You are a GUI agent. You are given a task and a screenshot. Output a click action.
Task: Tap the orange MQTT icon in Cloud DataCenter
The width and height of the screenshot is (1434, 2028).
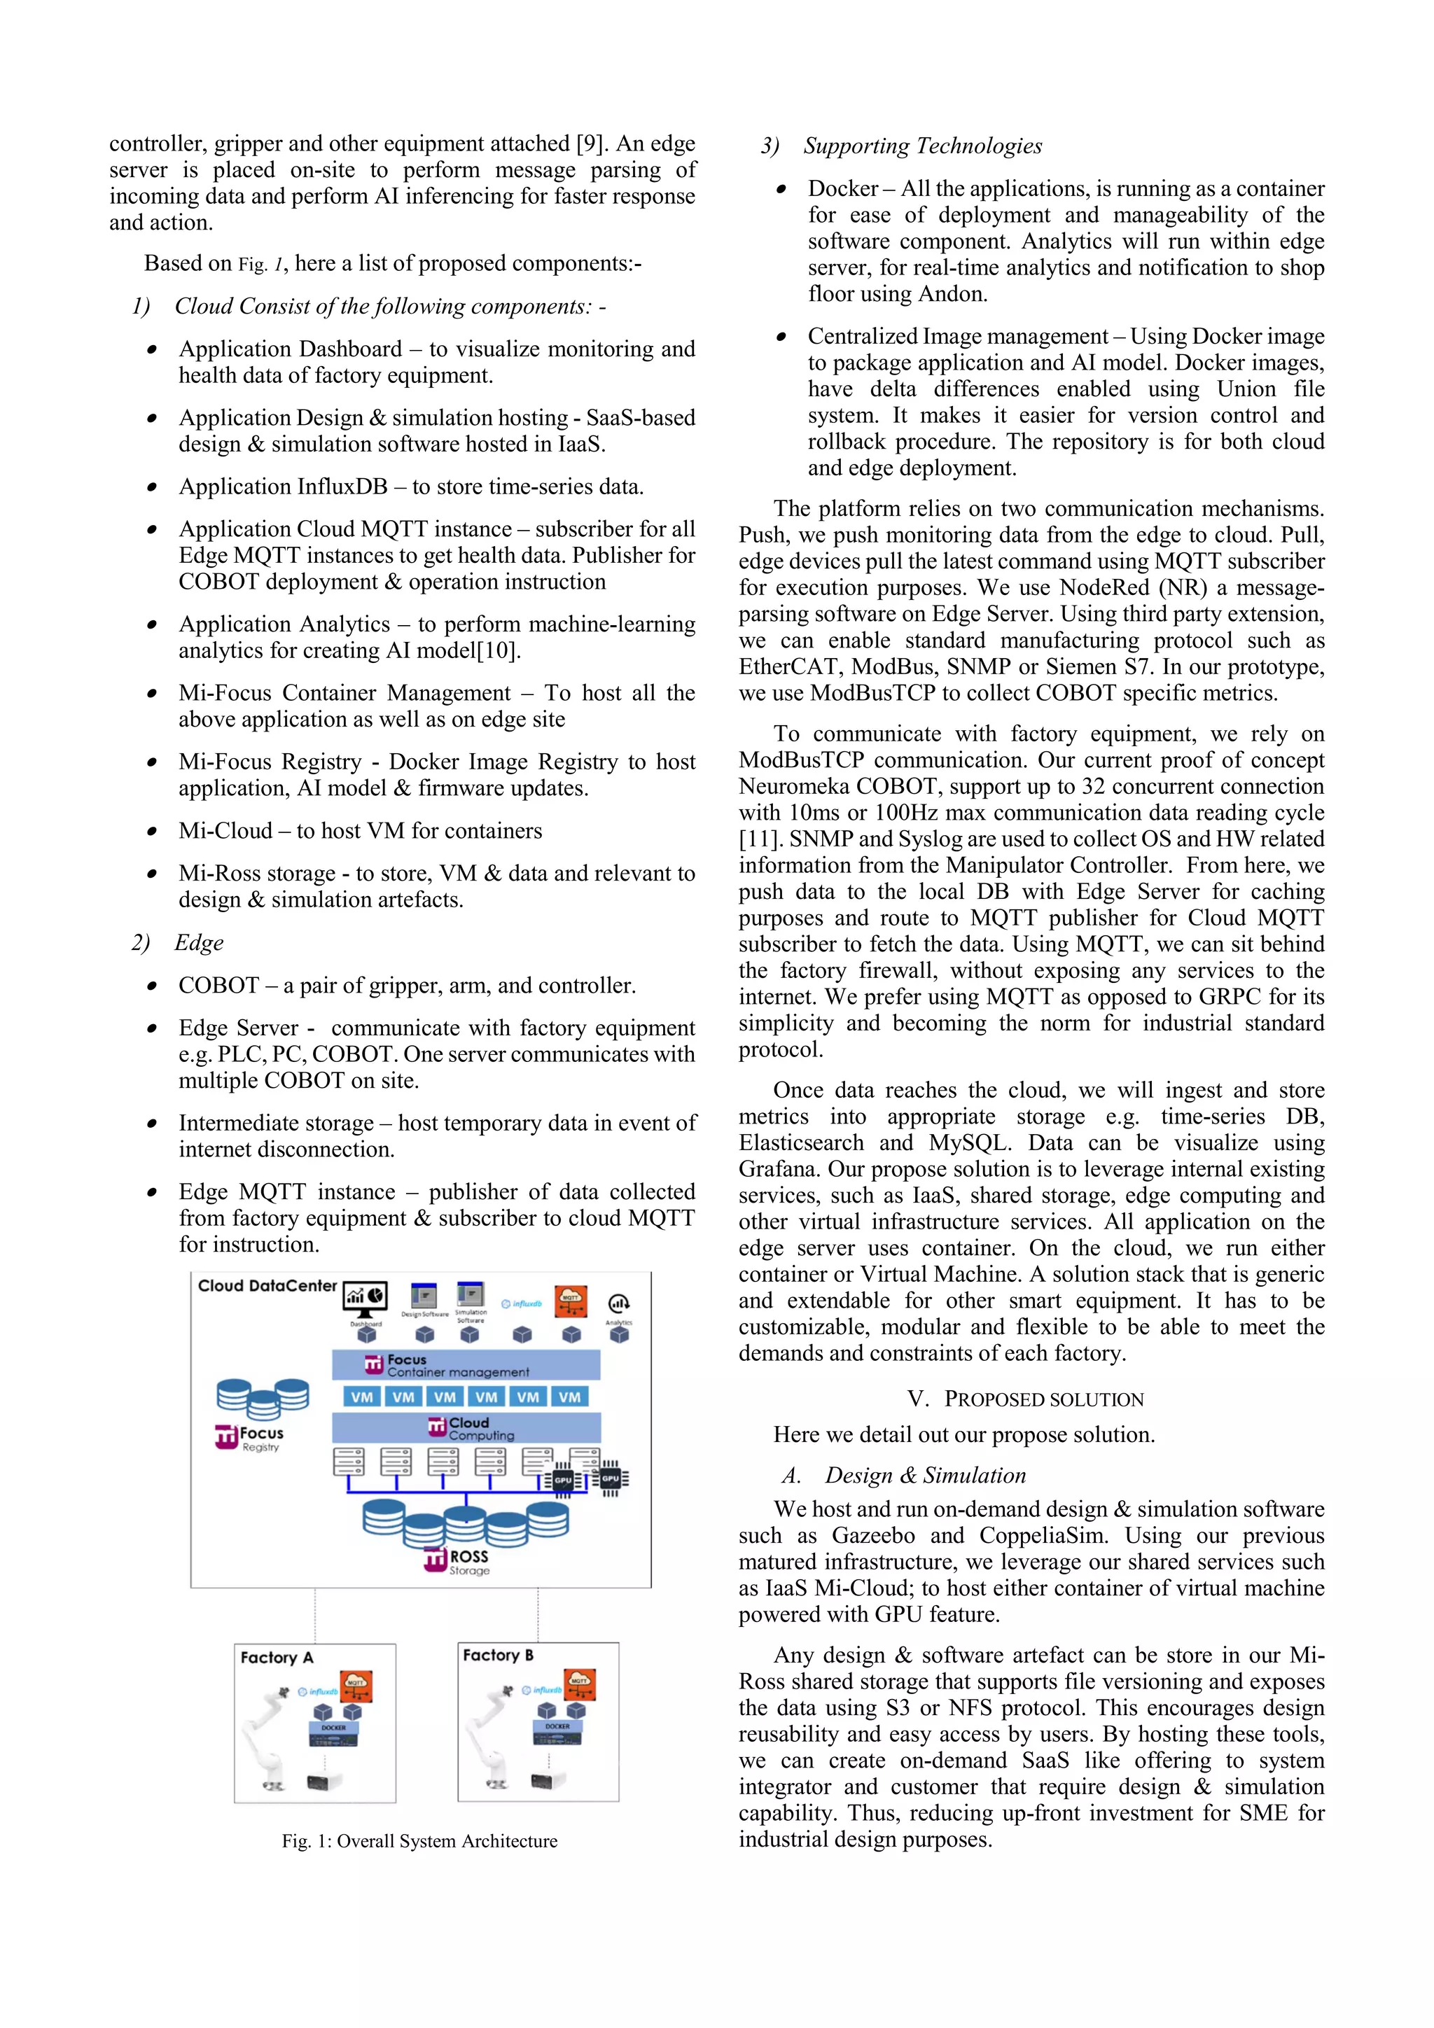[571, 1300]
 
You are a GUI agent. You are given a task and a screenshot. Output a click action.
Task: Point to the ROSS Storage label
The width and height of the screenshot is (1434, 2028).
[468, 1562]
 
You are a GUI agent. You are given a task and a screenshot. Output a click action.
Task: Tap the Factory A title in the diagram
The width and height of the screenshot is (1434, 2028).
[277, 1658]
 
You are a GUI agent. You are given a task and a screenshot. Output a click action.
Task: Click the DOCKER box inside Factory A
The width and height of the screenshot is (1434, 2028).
[334, 1728]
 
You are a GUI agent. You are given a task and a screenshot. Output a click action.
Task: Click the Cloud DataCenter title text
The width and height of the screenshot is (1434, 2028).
[267, 1286]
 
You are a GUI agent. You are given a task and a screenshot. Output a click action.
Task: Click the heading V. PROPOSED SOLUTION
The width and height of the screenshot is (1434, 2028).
[1025, 1399]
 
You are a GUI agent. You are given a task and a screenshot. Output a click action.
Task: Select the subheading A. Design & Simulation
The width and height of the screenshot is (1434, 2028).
[904, 1476]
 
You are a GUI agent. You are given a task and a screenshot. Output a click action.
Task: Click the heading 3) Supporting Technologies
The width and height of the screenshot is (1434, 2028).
[901, 146]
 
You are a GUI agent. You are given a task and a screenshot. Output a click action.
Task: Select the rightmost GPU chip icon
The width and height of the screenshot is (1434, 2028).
[611, 1478]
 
